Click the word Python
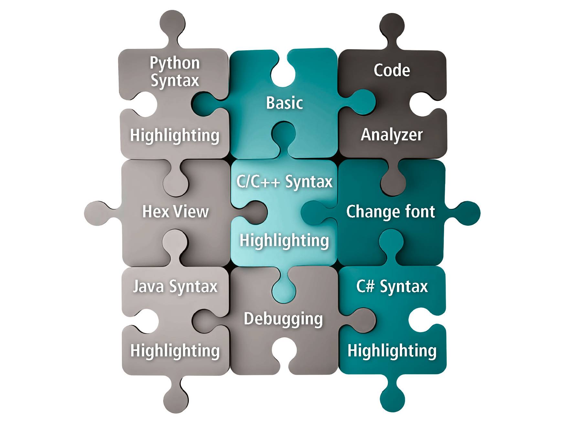click(175, 63)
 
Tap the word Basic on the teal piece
click(284, 103)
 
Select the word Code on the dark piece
click(392, 70)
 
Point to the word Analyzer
click(392, 135)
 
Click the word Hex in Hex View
click(156, 211)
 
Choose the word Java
click(148, 287)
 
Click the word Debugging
click(283, 319)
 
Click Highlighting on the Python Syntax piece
click(175, 135)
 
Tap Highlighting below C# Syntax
click(392, 351)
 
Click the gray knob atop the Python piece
click(173, 24)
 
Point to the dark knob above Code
click(392, 27)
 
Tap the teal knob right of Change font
click(465, 213)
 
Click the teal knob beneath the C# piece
click(392, 396)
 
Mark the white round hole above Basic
click(283, 74)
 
